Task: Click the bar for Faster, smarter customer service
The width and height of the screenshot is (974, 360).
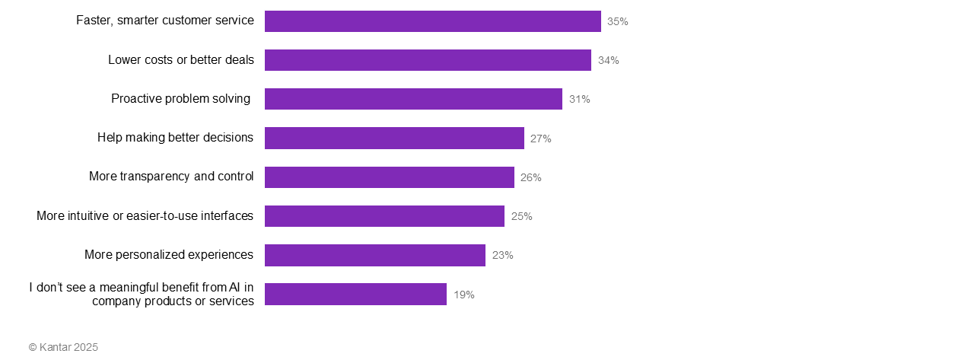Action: point(432,21)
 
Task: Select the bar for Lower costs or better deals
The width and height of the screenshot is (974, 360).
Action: point(428,60)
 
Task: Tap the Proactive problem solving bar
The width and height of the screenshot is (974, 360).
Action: point(413,99)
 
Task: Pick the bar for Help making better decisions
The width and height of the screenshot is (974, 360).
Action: point(394,138)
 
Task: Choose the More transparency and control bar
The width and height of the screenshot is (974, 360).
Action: point(389,177)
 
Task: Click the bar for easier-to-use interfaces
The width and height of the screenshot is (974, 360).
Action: point(384,216)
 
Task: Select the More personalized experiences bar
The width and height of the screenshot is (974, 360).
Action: point(374,255)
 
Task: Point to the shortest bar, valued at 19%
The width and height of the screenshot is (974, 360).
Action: point(355,294)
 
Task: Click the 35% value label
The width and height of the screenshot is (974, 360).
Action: point(617,21)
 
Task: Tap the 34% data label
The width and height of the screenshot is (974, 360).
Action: point(608,60)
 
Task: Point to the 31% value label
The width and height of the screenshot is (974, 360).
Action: point(579,99)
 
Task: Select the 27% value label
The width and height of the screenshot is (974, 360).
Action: point(540,139)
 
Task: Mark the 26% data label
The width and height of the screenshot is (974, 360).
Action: point(530,177)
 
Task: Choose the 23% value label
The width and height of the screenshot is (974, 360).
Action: point(502,255)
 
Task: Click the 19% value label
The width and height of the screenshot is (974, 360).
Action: point(463,295)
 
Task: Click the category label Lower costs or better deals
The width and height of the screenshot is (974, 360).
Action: point(181,59)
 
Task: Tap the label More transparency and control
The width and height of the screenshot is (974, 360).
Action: point(171,177)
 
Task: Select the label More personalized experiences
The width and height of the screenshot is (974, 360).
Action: point(169,254)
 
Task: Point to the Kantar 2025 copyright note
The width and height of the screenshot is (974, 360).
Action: point(63,347)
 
